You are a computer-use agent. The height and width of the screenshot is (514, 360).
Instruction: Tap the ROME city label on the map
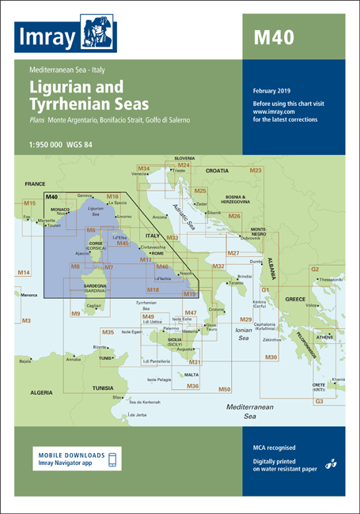(x=146, y=253)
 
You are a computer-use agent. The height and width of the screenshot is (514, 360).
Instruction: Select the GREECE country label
(x=295, y=300)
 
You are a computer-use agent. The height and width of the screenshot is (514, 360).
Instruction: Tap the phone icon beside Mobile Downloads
(x=112, y=459)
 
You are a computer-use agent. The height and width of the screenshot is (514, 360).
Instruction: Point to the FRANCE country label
(x=36, y=183)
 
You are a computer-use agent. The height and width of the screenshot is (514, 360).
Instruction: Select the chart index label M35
(x=108, y=331)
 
